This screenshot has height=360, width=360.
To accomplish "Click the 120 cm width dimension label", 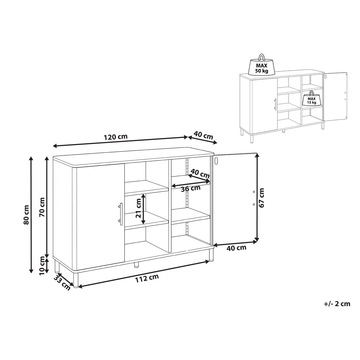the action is tap(115, 137).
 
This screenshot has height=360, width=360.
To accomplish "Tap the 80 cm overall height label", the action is tap(26, 215).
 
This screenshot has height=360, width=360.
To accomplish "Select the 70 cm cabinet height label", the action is tap(42, 207).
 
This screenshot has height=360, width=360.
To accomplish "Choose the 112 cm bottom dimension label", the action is tap(147, 283).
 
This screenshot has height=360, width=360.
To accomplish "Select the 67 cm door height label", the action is tap(262, 198).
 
